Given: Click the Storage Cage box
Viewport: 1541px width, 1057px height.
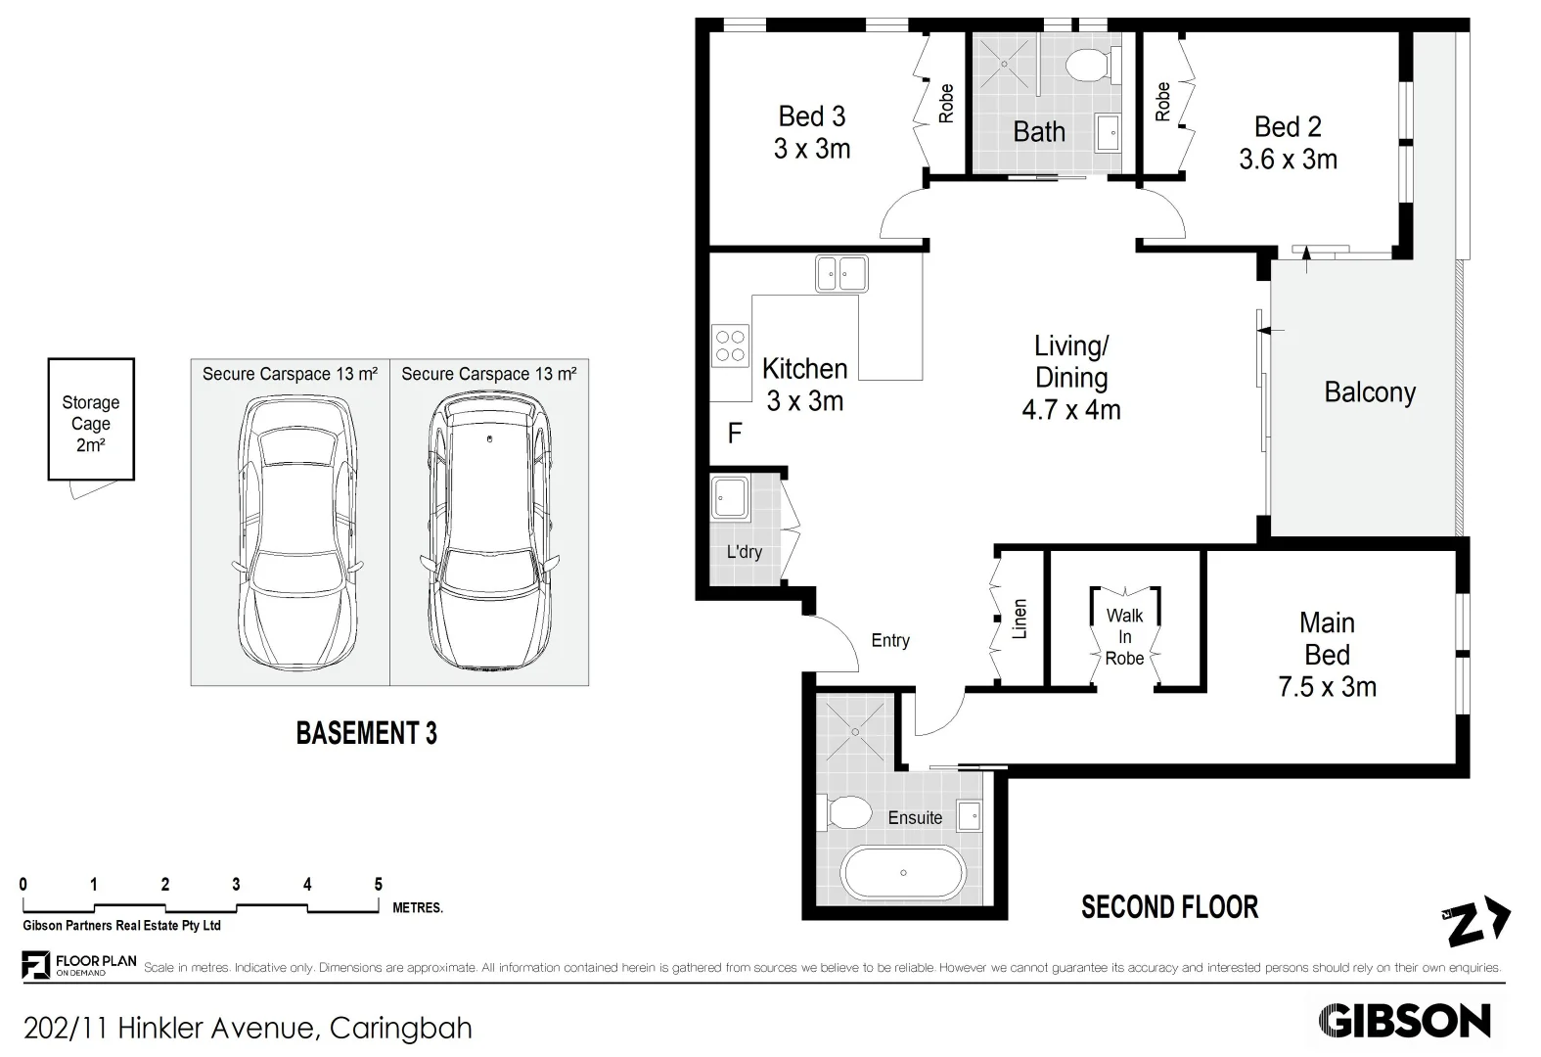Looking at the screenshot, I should pos(90,420).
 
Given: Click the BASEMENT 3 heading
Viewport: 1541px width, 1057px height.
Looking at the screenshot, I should pos(366,733).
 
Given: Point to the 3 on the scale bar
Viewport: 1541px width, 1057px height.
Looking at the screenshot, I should pos(236,885).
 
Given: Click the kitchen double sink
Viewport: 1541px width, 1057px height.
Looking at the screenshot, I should pos(841,273).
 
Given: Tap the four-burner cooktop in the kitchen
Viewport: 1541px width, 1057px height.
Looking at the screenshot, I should pos(730,345).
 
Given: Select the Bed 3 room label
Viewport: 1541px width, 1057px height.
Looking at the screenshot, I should pos(811,116).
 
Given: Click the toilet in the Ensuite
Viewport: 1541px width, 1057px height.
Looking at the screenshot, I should pos(847,812).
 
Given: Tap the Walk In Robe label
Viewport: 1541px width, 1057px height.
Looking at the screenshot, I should pos(1124,637).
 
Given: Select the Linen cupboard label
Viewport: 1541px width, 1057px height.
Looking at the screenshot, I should pos(1020,619).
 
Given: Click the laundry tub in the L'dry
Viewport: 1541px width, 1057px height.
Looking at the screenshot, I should pos(728,496).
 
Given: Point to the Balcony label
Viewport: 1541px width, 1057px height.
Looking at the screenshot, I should pos(1370,392).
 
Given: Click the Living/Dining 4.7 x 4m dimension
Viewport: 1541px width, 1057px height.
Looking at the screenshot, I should pos(1071,410).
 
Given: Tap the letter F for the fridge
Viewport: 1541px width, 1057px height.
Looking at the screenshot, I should pos(734,434).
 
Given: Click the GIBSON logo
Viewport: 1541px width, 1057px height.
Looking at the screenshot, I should pos(1405,1022).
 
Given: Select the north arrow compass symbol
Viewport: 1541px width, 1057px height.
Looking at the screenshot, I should pos(1478,922).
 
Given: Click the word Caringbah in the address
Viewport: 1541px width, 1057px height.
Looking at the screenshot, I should pos(401,1029).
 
